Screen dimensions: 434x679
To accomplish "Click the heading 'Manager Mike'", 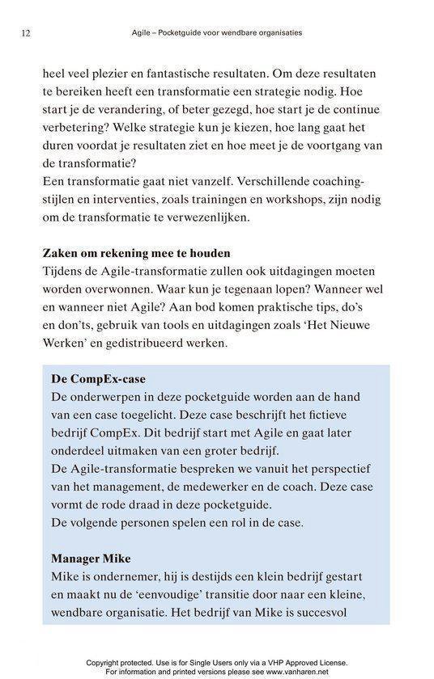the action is (92, 557).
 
